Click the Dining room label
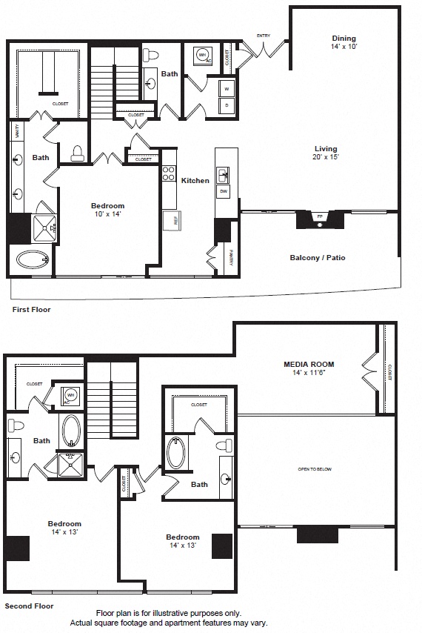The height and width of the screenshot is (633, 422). (x=344, y=39)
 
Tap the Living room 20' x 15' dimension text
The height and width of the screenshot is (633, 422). (x=326, y=157)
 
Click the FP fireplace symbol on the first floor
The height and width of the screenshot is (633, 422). (x=320, y=217)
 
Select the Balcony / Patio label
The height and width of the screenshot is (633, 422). (x=317, y=258)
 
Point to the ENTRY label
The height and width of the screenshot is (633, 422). (x=263, y=36)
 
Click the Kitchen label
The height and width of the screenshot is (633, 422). (x=195, y=180)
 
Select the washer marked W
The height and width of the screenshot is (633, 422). (x=227, y=89)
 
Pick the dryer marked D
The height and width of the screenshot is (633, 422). (x=227, y=105)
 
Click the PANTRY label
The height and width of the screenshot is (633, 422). (x=231, y=257)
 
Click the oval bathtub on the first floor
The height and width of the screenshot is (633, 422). (x=32, y=260)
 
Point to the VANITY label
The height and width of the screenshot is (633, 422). (x=17, y=131)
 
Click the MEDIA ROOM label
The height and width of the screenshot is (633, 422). (x=309, y=364)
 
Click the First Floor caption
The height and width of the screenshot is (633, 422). (x=31, y=309)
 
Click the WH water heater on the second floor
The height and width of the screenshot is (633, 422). (x=71, y=395)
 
